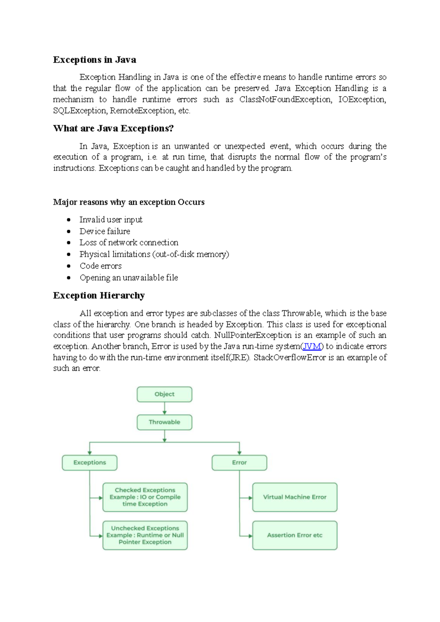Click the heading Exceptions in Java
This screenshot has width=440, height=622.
[x=95, y=60]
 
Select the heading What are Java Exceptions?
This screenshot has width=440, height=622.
[x=113, y=128]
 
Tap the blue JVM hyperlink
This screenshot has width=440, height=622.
[x=312, y=346]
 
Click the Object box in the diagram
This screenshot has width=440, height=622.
[x=164, y=394]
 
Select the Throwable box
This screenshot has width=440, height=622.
[x=164, y=422]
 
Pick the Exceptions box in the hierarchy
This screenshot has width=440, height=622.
[x=89, y=462]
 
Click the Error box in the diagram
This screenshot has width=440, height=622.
[x=239, y=462]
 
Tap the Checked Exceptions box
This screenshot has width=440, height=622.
[x=145, y=497]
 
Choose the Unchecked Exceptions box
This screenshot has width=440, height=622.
[x=145, y=535]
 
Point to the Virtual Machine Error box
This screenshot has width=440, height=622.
[x=294, y=497]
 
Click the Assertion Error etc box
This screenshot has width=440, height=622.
[x=294, y=535]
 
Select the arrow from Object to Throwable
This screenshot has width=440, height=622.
[x=164, y=408]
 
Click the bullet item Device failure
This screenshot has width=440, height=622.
[x=105, y=231]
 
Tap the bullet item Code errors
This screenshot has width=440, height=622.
[x=100, y=266]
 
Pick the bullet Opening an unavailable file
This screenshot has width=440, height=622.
[x=129, y=278]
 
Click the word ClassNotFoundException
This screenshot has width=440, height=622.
[x=285, y=99]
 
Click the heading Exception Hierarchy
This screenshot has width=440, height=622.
[x=99, y=296]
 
